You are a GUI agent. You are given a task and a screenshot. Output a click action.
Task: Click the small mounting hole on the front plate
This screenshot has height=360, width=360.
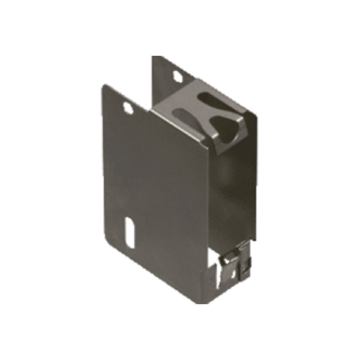[127, 107]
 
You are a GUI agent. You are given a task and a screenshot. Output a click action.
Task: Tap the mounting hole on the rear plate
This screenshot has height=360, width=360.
[178, 76]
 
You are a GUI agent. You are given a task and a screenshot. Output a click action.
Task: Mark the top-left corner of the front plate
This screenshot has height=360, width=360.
[104, 85]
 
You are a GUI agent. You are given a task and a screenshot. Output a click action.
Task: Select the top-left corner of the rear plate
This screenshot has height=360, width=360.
[153, 57]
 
